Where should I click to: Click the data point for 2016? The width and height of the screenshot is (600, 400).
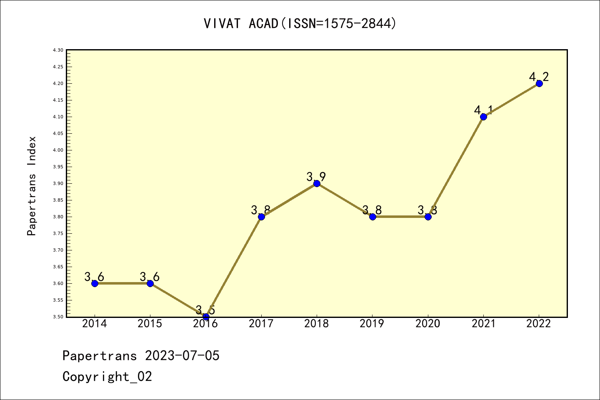(206, 317)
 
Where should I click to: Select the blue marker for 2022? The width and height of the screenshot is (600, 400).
(539, 83)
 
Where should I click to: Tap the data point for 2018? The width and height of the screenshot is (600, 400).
(317, 183)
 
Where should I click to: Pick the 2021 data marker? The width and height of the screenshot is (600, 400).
(483, 117)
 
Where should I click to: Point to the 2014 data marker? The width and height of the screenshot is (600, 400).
(95, 283)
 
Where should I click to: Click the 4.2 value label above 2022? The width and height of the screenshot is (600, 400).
(539, 77)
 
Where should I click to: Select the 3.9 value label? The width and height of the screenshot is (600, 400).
(316, 177)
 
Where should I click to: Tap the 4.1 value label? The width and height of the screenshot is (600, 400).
(483, 110)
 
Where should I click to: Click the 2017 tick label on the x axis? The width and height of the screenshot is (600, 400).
(261, 324)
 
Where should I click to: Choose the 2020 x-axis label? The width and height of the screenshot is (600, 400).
(427, 324)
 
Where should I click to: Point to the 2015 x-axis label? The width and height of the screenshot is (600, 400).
(150, 324)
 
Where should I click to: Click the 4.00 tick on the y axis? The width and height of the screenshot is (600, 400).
(58, 150)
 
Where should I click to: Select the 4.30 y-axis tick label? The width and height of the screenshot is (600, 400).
(58, 50)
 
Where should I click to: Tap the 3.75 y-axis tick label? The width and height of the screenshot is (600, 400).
(58, 233)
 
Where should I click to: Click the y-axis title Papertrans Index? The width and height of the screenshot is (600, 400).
(32, 186)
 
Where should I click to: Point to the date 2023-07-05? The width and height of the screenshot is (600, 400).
(182, 356)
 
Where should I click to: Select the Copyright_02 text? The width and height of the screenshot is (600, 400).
(107, 377)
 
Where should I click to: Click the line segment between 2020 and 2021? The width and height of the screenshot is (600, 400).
(456, 167)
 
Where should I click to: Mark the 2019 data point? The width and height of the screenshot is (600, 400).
(372, 217)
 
